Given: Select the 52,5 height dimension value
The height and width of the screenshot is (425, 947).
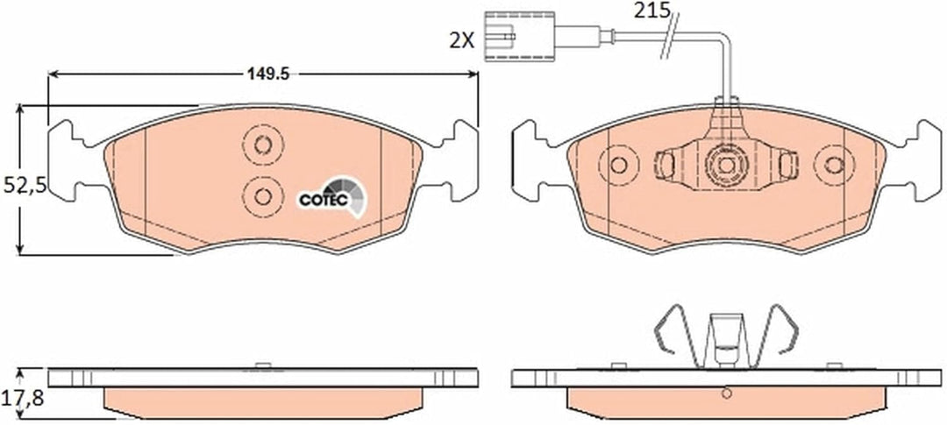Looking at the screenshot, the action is (x=25, y=185).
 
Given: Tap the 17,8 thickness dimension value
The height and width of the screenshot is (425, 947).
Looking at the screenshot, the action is (x=25, y=397).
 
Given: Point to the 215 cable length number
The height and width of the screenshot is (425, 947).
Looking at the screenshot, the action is (x=652, y=10).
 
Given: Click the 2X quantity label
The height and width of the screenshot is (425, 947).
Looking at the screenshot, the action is (x=461, y=40).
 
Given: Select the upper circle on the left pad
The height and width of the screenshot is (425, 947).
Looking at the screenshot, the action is (x=263, y=145).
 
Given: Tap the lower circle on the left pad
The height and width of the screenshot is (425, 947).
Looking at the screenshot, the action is (x=263, y=196).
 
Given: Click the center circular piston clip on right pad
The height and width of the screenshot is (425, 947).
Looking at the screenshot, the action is (x=727, y=164).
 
